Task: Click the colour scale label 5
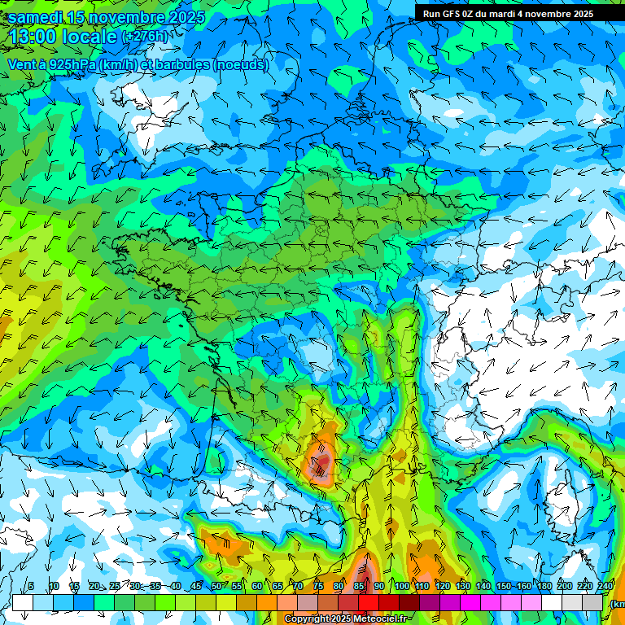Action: pos(31,587)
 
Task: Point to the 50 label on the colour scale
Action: pos(216,587)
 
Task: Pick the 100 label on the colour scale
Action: pos(401,587)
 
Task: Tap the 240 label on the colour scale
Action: pos(605,587)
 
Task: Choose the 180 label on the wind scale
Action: pos(544,587)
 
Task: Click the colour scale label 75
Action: pos(318,587)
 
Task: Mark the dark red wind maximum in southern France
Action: pos(322,464)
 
